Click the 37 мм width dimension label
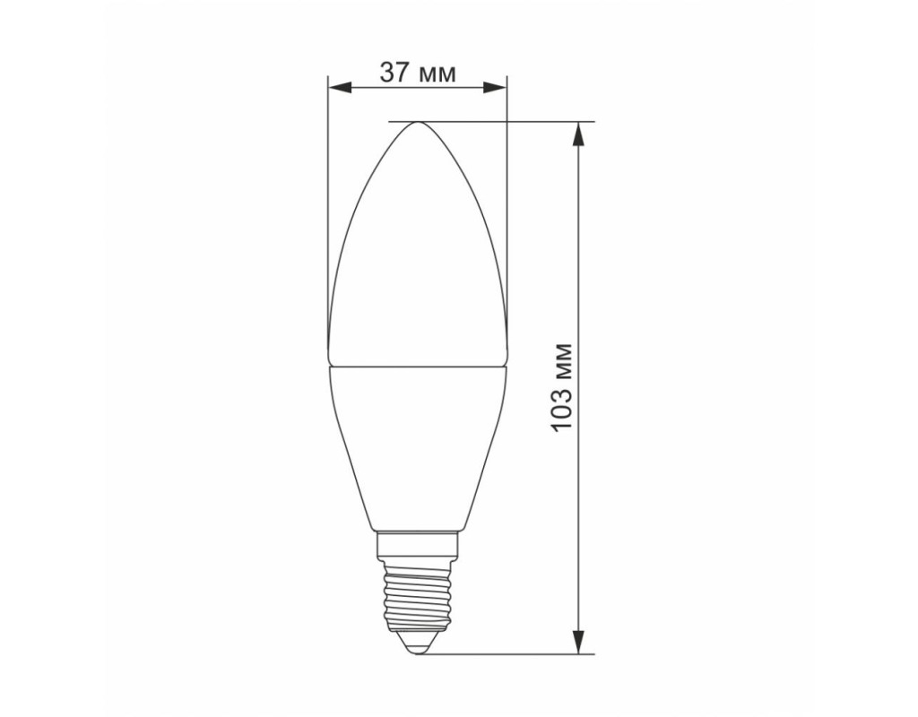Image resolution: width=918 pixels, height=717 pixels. click(x=418, y=73)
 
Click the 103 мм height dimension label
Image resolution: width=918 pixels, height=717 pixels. click(x=562, y=387)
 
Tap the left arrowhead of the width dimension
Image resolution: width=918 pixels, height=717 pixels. click(x=340, y=89)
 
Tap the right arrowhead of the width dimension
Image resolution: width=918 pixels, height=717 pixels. click(x=495, y=89)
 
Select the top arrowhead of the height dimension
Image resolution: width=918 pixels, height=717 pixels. click(x=579, y=133)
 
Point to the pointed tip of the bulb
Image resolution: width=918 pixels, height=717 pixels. click(x=418, y=122)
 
